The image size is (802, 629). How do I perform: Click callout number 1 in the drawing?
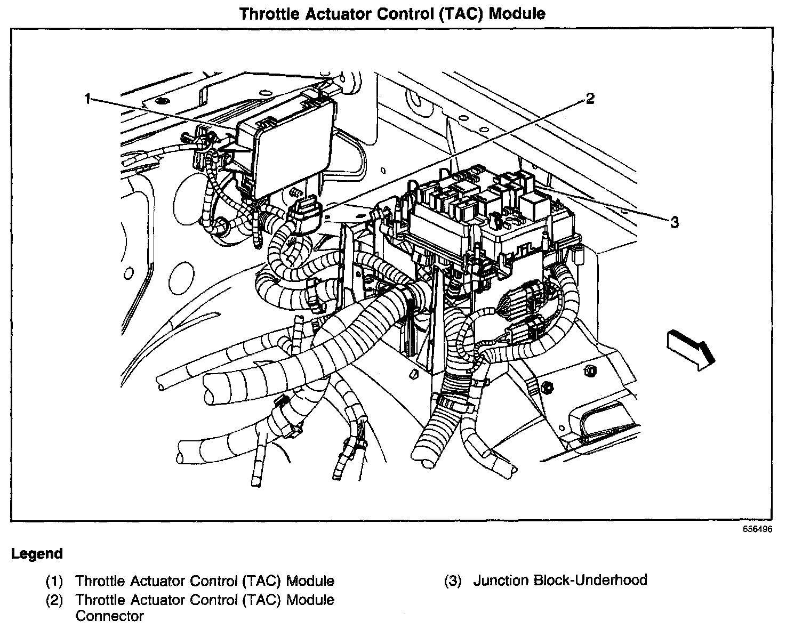[89, 99]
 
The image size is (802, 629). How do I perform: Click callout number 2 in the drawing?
[589, 98]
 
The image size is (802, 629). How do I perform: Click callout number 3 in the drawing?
[674, 222]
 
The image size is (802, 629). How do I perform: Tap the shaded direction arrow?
[690, 349]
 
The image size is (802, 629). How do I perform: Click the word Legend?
[37, 554]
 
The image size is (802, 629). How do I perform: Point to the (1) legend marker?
[54, 580]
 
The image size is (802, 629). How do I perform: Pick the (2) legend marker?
[54, 600]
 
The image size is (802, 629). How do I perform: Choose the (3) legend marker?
[452, 580]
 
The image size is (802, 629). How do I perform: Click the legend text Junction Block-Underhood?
[560, 580]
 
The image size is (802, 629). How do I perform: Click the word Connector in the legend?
[109, 616]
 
